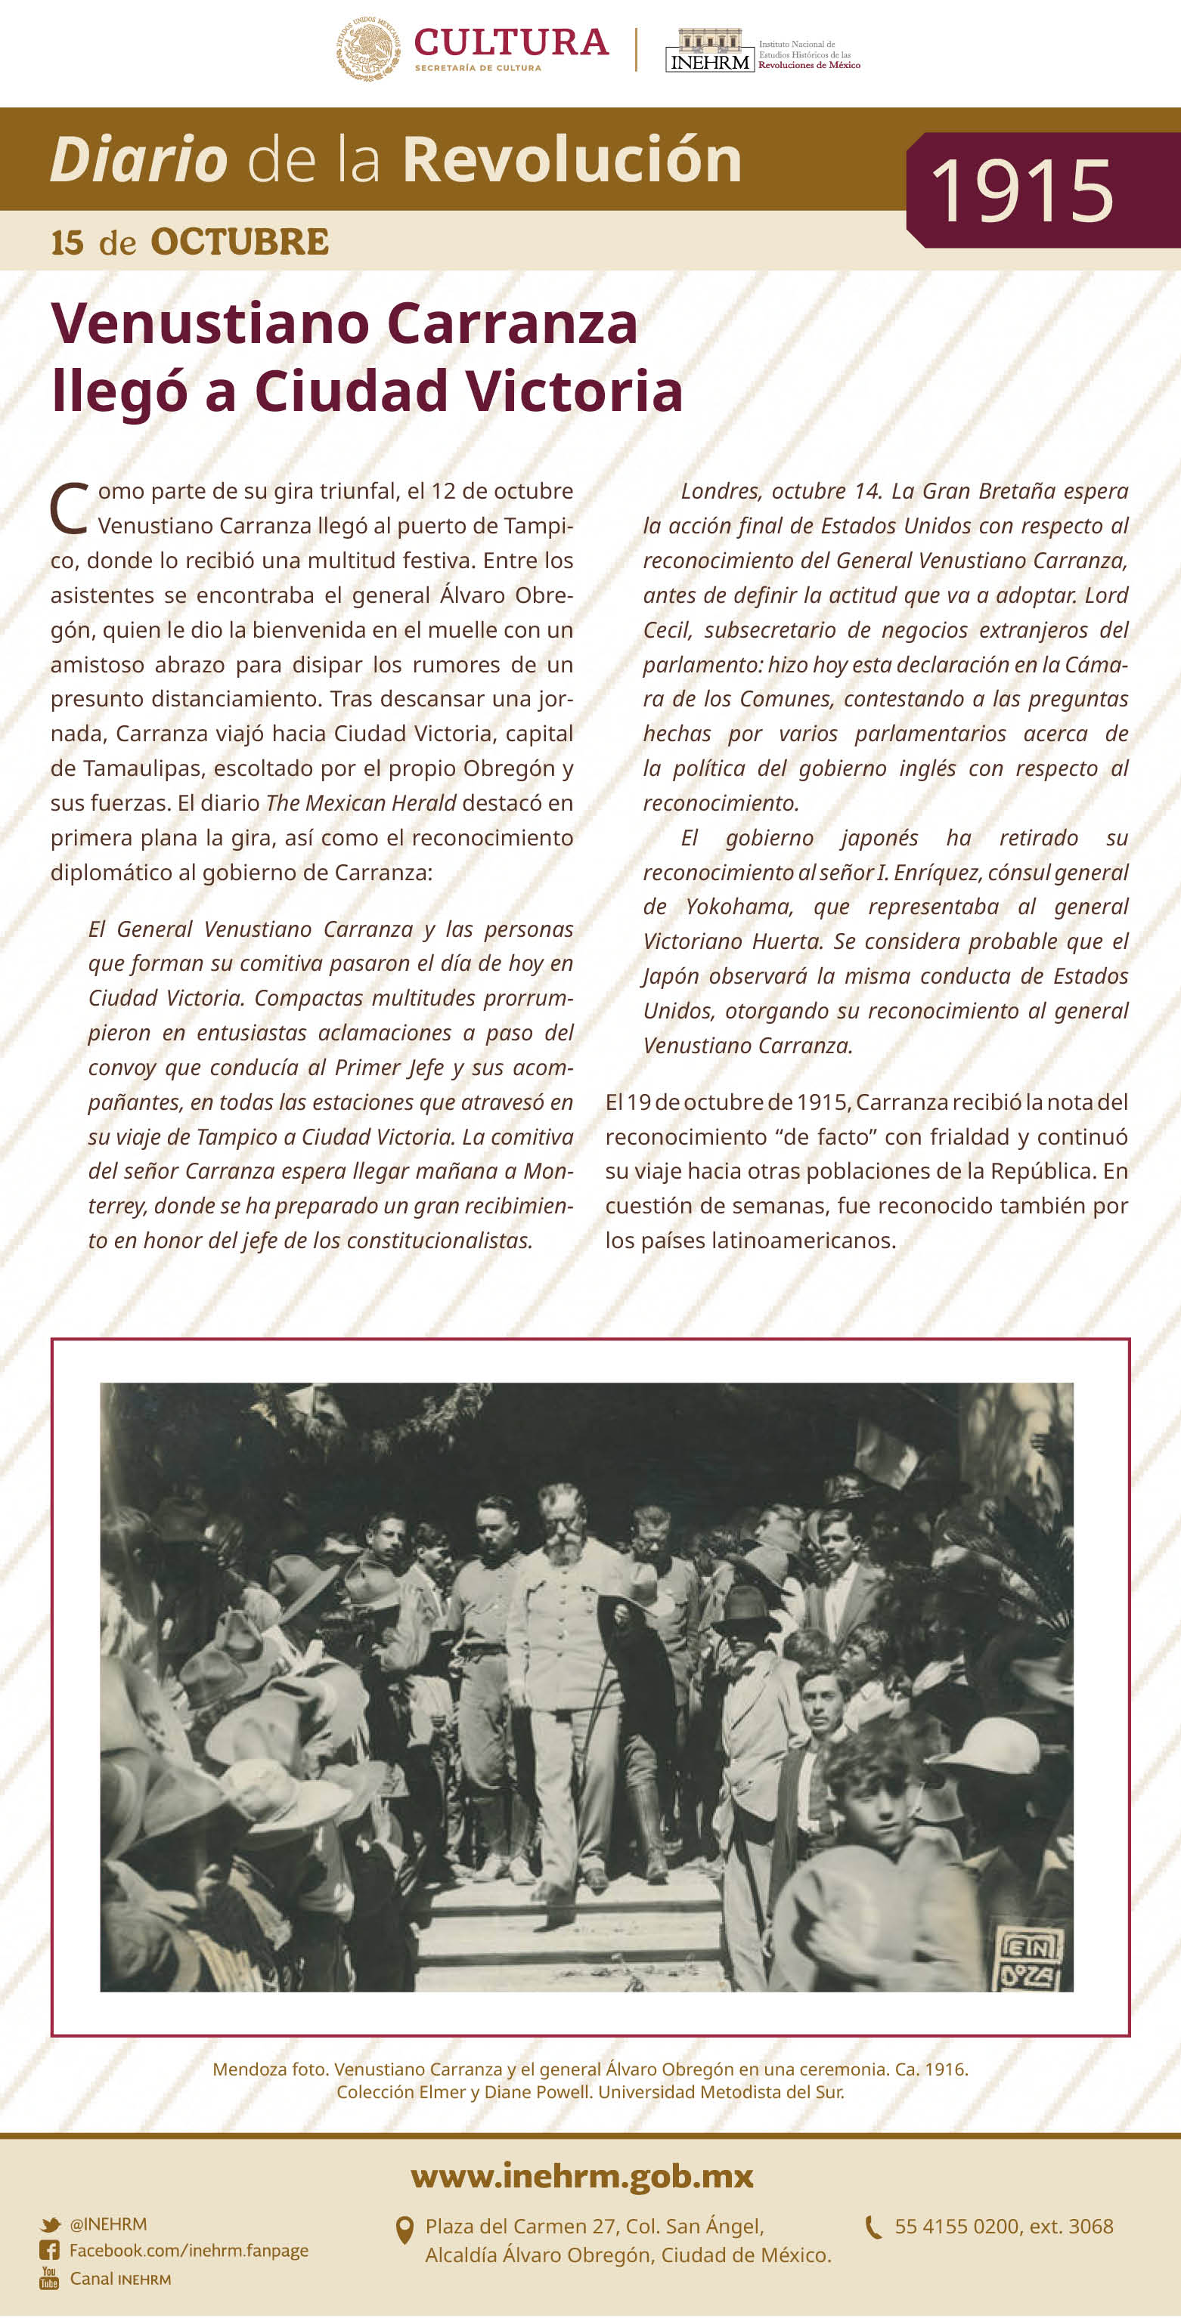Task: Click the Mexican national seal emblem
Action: coord(368,48)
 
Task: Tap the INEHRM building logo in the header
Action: coord(709,51)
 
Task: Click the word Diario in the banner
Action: coord(138,160)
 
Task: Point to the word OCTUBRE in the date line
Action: coord(240,242)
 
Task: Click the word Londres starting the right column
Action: coord(720,491)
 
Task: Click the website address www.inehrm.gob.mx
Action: coord(581,2177)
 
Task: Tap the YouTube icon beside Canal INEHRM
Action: coord(48,2279)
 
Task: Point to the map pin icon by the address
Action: coord(405,2230)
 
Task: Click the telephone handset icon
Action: coord(873,2227)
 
